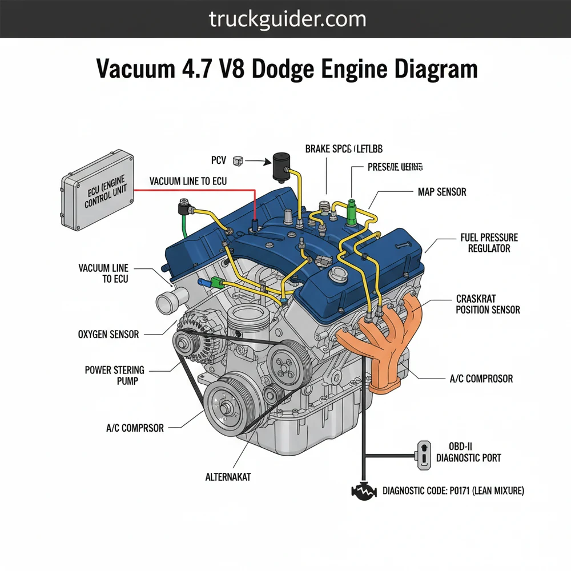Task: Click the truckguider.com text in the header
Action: point(287,19)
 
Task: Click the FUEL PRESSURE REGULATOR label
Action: point(489,243)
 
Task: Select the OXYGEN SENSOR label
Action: point(108,334)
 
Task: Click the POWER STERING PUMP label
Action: point(115,375)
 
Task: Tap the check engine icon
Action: point(364,492)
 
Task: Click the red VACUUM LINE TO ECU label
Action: point(188,181)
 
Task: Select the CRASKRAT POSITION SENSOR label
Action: point(488,304)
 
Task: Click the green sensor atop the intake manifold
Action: point(351,211)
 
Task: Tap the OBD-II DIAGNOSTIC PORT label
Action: point(468,452)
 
